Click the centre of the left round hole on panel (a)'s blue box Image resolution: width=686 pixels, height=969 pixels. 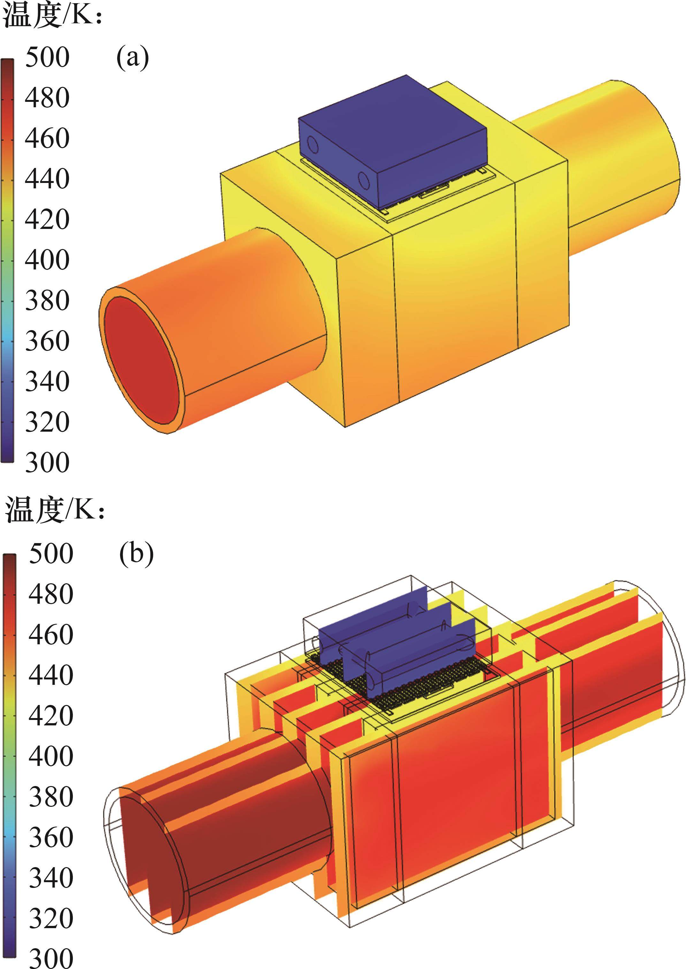[x=313, y=145]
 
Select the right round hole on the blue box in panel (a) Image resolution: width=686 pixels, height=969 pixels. [x=363, y=181]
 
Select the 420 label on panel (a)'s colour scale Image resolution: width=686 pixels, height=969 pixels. [x=47, y=220]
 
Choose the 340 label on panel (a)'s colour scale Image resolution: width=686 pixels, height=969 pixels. [x=47, y=382]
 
